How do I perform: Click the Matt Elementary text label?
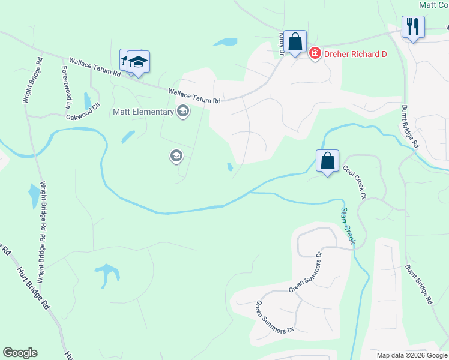tap(142, 112)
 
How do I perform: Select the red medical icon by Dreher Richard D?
tap(315, 54)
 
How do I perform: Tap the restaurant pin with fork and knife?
tap(412, 27)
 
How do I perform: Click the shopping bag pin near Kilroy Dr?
tap(295, 42)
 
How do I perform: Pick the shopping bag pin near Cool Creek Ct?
tap(327, 161)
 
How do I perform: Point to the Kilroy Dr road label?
tap(281, 43)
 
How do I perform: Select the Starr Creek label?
tap(348, 226)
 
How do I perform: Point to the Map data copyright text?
tap(412, 355)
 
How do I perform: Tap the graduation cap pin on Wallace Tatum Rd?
tap(137, 62)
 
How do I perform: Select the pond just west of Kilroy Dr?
tap(226, 42)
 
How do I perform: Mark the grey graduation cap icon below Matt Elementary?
tap(176, 157)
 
